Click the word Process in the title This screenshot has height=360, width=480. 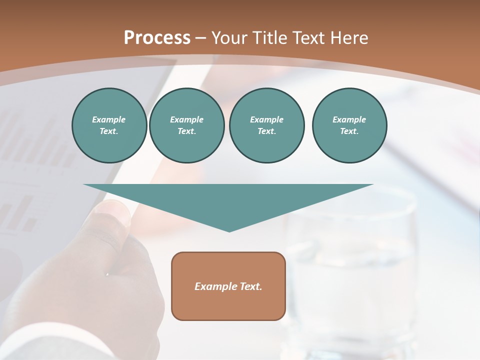(157, 38)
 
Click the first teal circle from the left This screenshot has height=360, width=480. (109, 125)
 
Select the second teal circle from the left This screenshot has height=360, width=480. (186, 125)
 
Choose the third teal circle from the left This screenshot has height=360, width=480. (266, 125)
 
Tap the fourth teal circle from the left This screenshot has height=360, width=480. (349, 125)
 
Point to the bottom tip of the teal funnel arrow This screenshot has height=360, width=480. (229, 230)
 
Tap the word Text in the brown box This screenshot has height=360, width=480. (251, 286)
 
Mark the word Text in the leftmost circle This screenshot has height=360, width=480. (109, 131)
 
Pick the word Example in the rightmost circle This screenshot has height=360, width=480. (349, 119)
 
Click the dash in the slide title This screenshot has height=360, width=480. (201, 38)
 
